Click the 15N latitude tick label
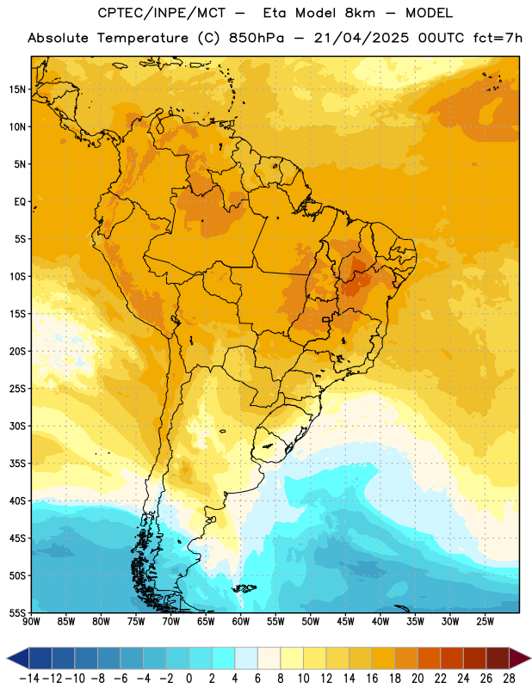click(17, 89)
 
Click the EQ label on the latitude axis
click(20, 202)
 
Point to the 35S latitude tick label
click(17, 464)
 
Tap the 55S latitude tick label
click(17, 612)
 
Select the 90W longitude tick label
click(31, 622)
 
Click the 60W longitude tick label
click(241, 622)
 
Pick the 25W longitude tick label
click(485, 622)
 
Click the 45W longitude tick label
click(345, 622)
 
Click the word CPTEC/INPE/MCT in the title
click(162, 13)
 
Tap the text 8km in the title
click(360, 13)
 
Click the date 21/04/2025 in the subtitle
click(361, 38)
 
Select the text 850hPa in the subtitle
click(257, 38)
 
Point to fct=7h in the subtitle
click(498, 38)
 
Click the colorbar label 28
click(509, 679)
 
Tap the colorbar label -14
click(29, 679)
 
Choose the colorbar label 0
click(189, 679)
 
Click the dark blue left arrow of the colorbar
click(18, 658)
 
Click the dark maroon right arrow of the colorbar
click(520, 658)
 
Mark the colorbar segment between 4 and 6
click(246, 658)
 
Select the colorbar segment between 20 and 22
click(430, 658)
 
